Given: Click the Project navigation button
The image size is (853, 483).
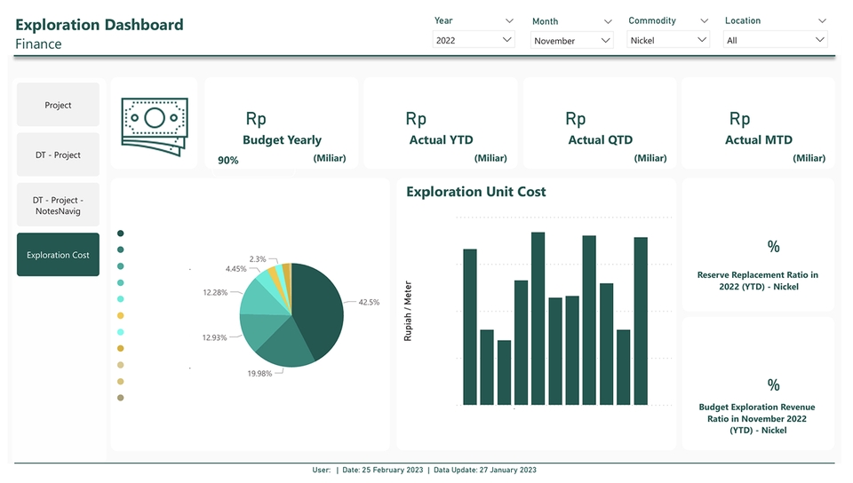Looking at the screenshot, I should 58,105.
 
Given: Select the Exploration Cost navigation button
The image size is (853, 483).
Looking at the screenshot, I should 58,255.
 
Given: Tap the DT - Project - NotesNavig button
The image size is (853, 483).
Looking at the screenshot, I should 58,205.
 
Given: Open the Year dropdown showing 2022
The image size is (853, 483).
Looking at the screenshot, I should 474,40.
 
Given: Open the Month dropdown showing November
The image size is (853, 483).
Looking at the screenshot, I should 571,41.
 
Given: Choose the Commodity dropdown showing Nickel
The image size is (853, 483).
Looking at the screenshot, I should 668,40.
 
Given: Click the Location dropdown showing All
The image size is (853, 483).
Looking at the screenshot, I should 776,40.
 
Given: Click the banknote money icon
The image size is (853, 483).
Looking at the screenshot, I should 155,123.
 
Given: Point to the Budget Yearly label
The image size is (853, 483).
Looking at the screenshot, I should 282,140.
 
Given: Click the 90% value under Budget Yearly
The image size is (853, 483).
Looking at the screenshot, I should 227,161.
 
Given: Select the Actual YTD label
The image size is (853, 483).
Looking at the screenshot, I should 441,140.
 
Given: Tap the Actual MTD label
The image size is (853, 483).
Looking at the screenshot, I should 758,140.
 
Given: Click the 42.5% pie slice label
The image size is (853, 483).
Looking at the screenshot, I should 368,302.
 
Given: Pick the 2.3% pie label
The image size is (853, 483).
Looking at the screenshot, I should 258,259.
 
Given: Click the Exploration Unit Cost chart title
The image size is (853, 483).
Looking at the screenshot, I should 475,192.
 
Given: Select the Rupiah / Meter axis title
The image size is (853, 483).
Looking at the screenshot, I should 409,312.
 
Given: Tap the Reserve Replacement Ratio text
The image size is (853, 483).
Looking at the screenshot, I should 758,281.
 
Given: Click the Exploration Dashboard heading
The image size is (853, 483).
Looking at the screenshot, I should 100,25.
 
